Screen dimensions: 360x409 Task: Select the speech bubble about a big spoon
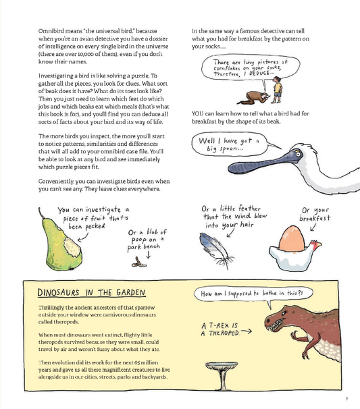tap(228, 144)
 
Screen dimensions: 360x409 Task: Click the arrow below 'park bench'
tap(148, 263)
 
